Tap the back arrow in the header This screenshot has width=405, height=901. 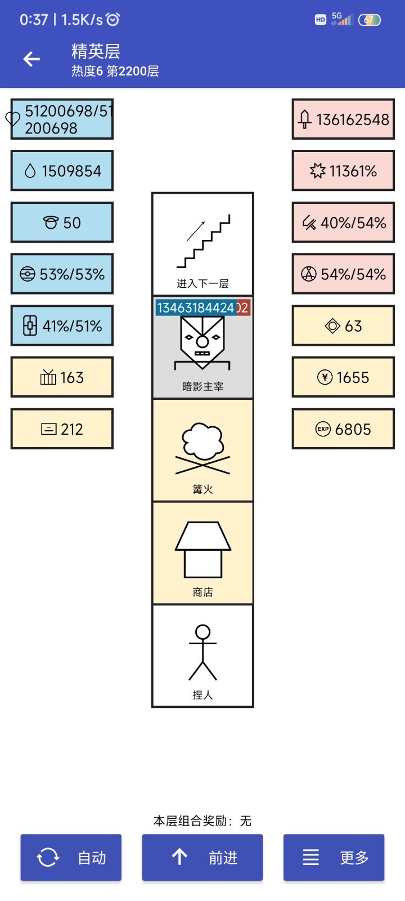(x=31, y=59)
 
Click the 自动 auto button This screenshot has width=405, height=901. (x=71, y=857)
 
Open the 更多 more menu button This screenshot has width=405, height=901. (x=334, y=857)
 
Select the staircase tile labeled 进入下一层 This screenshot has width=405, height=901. (x=202, y=244)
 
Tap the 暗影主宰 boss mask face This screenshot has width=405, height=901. (x=202, y=342)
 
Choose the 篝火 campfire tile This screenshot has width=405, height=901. (x=202, y=450)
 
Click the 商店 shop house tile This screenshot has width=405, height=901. (x=202, y=553)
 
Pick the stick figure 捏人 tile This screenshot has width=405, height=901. (x=202, y=655)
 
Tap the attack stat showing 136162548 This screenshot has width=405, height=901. (x=343, y=119)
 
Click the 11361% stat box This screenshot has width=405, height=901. (x=343, y=171)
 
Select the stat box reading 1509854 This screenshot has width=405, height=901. (x=62, y=171)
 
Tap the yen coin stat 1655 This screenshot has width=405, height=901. (x=343, y=377)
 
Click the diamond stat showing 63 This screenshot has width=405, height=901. (x=343, y=325)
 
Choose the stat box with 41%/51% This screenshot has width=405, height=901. (x=62, y=325)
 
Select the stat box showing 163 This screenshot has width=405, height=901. (x=62, y=377)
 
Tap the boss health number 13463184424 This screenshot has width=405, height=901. (x=196, y=307)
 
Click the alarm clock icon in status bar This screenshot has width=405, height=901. (x=112, y=19)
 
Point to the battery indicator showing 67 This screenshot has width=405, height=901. (x=369, y=20)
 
